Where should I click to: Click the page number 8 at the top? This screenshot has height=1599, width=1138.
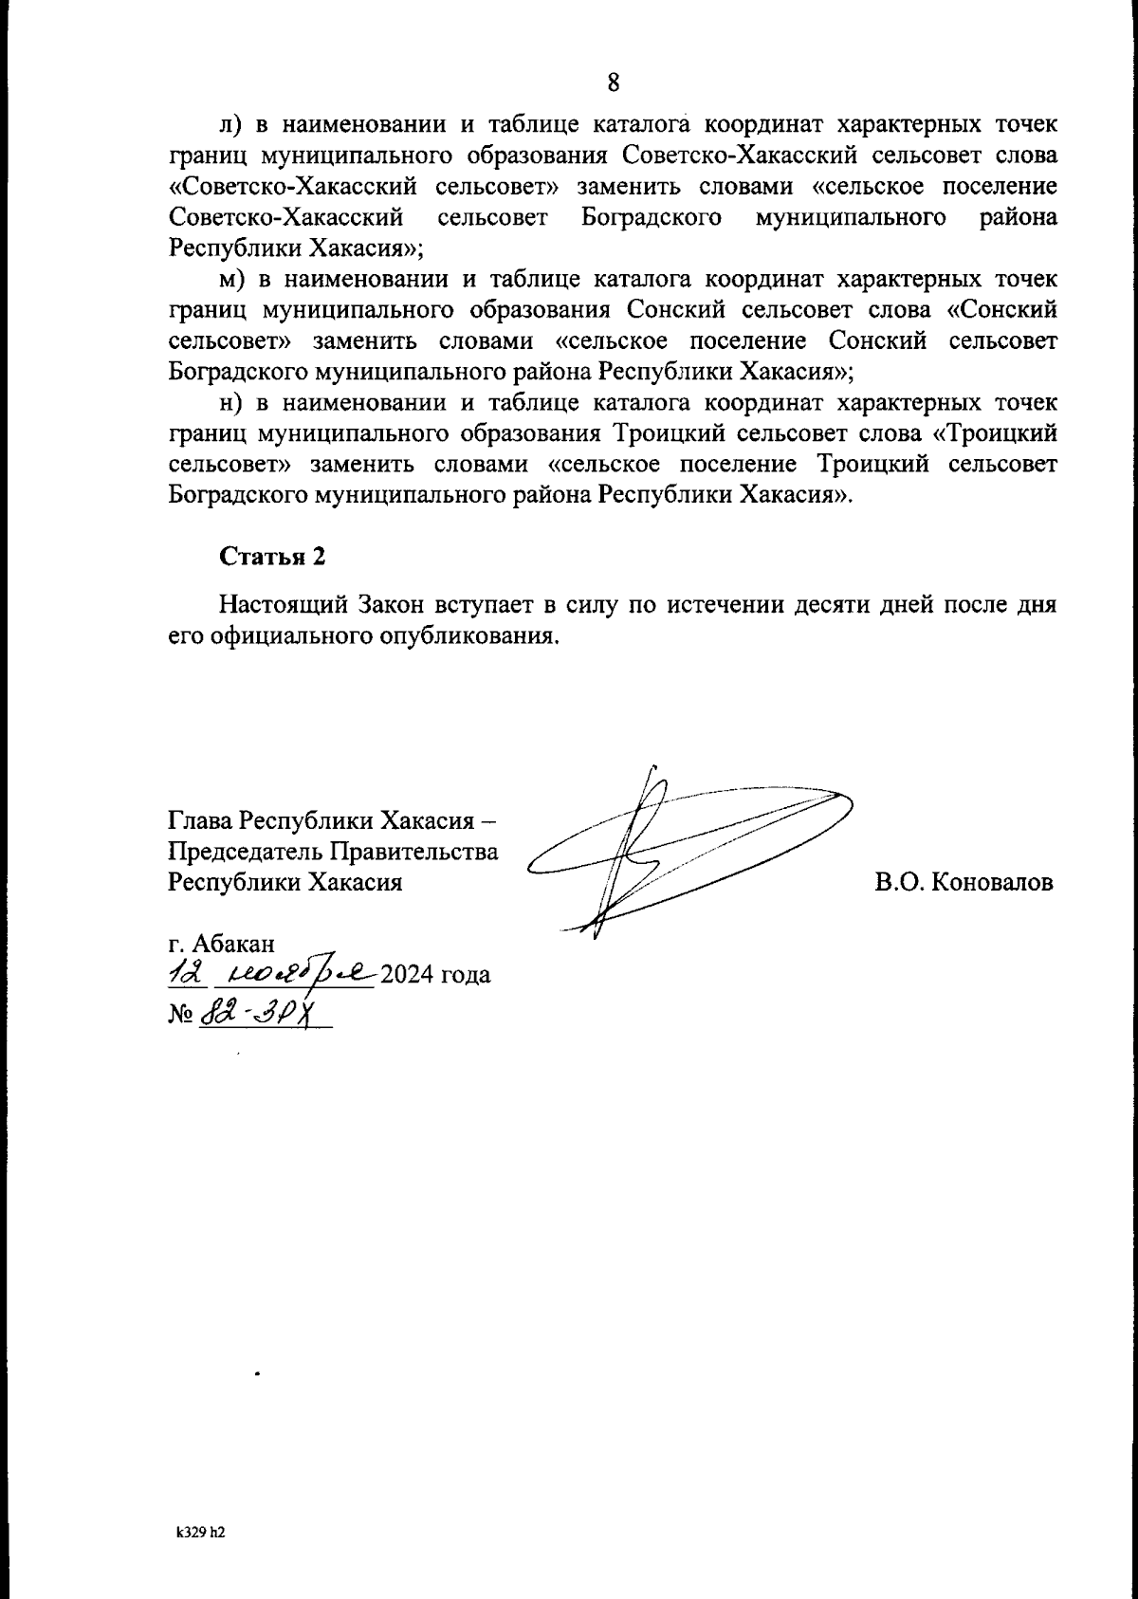tap(613, 83)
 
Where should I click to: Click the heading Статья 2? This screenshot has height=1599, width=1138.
tap(273, 557)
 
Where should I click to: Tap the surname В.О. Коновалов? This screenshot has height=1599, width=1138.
tap(964, 882)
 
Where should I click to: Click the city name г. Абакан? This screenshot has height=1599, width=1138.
tap(222, 944)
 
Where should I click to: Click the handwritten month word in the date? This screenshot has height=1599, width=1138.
tap(296, 974)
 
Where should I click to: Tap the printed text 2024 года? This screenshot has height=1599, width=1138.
tap(434, 975)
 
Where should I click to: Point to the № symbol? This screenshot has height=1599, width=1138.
tap(180, 1016)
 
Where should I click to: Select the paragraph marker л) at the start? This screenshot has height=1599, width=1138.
tap(232, 126)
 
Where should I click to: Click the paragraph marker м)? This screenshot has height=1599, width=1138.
tap(233, 280)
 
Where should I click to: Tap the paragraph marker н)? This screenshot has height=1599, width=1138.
tap(232, 403)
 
